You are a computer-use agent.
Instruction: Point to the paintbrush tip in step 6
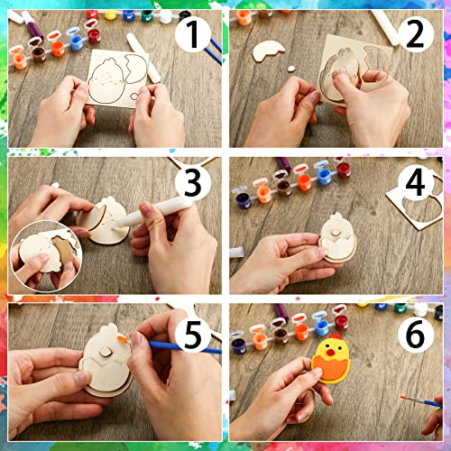pyautogui.click(x=403, y=398)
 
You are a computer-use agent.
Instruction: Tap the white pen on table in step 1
pyautogui.click(x=144, y=54)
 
